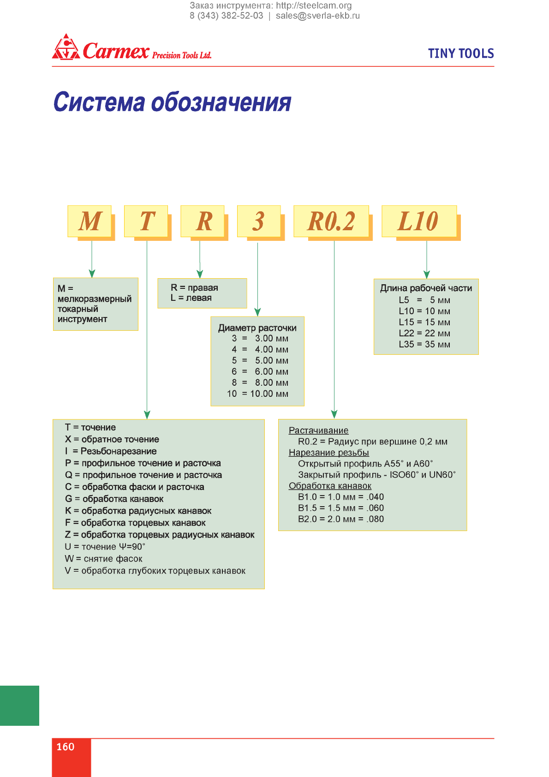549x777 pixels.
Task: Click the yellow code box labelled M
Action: tap(90, 221)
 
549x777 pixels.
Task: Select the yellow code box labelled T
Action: tap(146, 221)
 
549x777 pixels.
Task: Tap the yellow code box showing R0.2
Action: tap(331, 221)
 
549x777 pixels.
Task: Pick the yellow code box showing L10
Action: tap(419, 221)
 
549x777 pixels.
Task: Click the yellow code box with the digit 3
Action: tap(259, 221)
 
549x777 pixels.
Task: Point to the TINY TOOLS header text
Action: tap(461, 54)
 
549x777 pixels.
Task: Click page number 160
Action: tap(66, 747)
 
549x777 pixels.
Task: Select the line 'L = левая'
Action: tap(191, 298)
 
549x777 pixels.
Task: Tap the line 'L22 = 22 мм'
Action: tap(424, 333)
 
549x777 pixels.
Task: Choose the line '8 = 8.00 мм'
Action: tap(260, 383)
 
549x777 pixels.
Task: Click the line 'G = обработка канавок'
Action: tap(114, 499)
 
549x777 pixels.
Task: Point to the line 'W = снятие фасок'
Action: tap(103, 559)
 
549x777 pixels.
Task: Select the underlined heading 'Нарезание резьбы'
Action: tap(329, 453)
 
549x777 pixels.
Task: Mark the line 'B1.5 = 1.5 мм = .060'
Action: tap(341, 508)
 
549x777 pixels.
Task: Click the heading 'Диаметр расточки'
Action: tap(257, 328)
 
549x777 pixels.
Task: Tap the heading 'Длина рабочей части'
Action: tap(426, 288)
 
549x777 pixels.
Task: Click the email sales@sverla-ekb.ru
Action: tap(318, 16)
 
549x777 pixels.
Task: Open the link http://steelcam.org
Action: tap(314, 6)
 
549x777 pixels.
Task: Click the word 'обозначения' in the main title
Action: tap(221, 102)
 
